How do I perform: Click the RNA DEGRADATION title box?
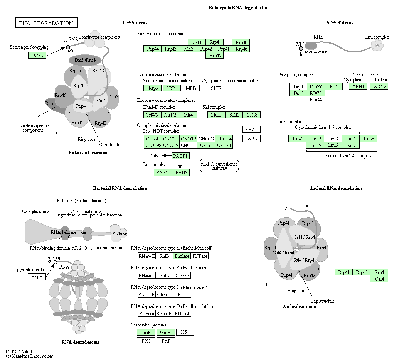coord(46,23)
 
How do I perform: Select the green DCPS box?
coord(37,55)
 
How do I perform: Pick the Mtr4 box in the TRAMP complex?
coord(188,115)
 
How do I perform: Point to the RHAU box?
coord(251,130)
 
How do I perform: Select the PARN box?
coord(251,139)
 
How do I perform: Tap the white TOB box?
coord(153,155)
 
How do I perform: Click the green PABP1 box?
coord(180,156)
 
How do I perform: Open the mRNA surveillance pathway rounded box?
coord(219,166)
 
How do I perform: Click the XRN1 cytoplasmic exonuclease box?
coord(358,86)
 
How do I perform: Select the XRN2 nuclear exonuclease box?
coord(379,86)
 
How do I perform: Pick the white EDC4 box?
coord(316,100)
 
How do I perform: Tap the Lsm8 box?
coord(369,139)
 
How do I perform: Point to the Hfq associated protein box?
coord(185,332)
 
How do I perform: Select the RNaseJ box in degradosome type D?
coord(182,313)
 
